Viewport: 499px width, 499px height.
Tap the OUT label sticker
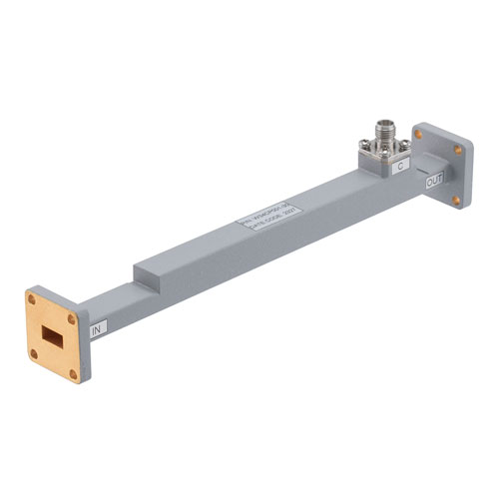click(434, 183)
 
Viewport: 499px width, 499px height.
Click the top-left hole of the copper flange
click(33, 298)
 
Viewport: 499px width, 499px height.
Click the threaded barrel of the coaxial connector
click(383, 129)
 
